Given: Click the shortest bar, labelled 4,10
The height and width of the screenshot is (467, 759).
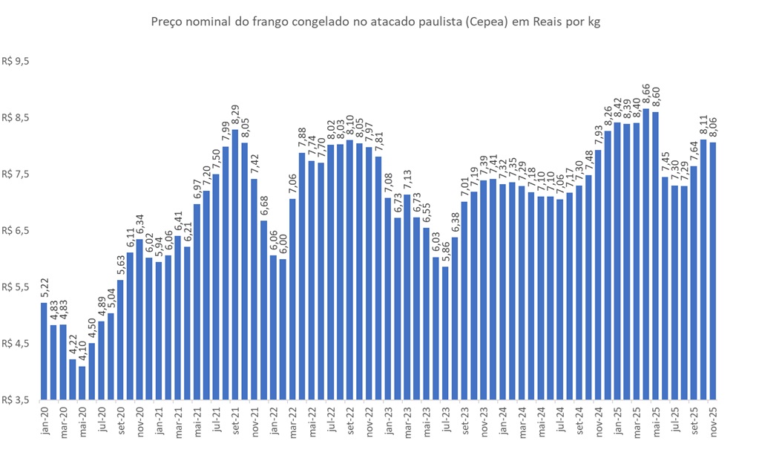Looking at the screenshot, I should pyautogui.click(x=82, y=382).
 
